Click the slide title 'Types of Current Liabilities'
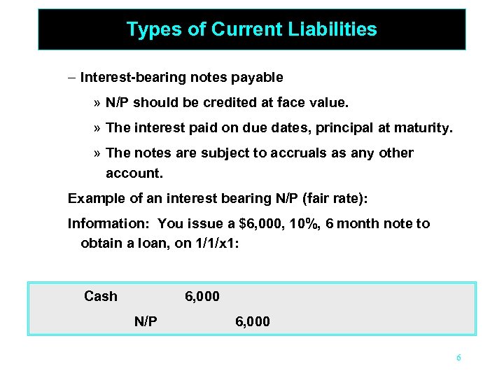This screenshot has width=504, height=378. click(251, 29)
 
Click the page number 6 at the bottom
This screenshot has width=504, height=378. click(458, 358)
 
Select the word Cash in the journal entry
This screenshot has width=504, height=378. click(101, 296)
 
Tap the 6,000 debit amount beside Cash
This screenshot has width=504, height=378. click(202, 296)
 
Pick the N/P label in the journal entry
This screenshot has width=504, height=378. click(146, 321)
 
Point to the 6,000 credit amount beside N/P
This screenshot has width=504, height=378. click(253, 321)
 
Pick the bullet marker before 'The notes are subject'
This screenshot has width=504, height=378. click(96, 153)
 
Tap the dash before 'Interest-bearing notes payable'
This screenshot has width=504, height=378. click(72, 77)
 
